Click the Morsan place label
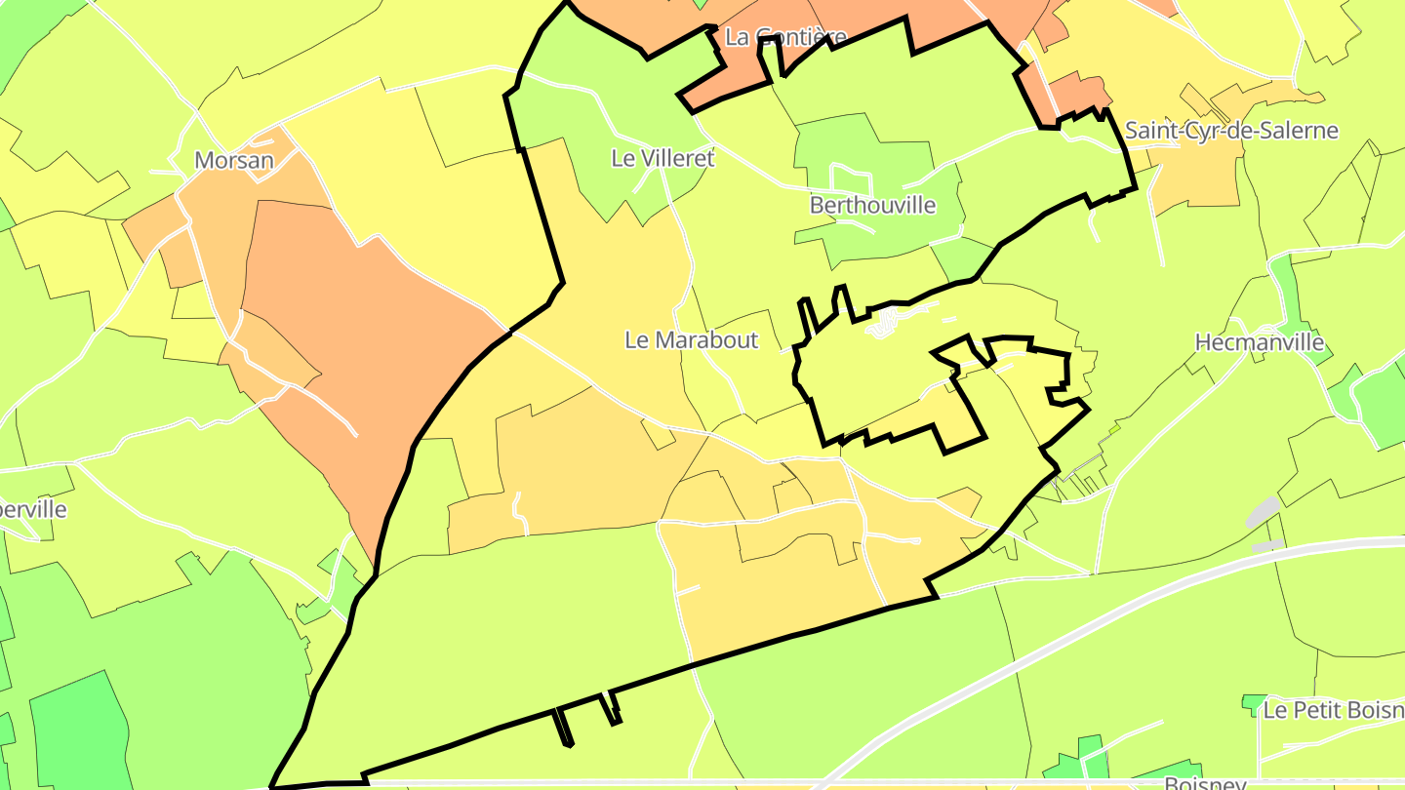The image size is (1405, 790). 234,160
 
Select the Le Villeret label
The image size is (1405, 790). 663,158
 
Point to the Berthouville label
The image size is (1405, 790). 872,206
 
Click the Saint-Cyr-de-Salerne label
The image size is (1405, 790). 1231,131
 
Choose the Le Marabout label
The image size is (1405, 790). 691,340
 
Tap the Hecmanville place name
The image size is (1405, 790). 1259,342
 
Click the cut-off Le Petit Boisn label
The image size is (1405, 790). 1333,710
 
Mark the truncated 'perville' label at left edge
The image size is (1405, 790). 33,509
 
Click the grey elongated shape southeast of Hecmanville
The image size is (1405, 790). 1264,511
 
